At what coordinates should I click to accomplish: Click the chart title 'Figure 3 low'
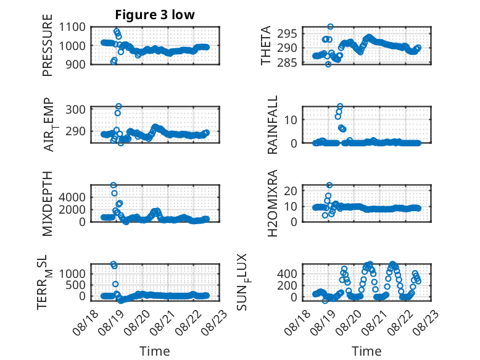155,15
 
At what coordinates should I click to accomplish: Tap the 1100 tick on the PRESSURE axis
72,27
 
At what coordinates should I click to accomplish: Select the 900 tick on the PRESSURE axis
76,64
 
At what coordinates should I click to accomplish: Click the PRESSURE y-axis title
48,45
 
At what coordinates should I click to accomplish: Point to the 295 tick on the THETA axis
287,34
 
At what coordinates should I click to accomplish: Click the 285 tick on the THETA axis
287,62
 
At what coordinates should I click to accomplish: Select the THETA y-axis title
266,45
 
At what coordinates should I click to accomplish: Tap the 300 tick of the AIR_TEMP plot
76,109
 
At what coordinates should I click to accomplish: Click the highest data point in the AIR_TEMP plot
119,106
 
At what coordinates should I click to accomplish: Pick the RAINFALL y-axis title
273,124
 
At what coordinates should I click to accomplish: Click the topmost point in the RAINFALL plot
340,106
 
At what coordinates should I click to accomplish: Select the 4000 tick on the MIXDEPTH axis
72,197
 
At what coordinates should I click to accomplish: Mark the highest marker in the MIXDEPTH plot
114,185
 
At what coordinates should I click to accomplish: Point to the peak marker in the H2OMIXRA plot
329,185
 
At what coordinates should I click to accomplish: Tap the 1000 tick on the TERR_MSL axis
72,274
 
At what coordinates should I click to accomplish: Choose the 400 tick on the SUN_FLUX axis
287,274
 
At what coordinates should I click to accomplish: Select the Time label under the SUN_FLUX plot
366,351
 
